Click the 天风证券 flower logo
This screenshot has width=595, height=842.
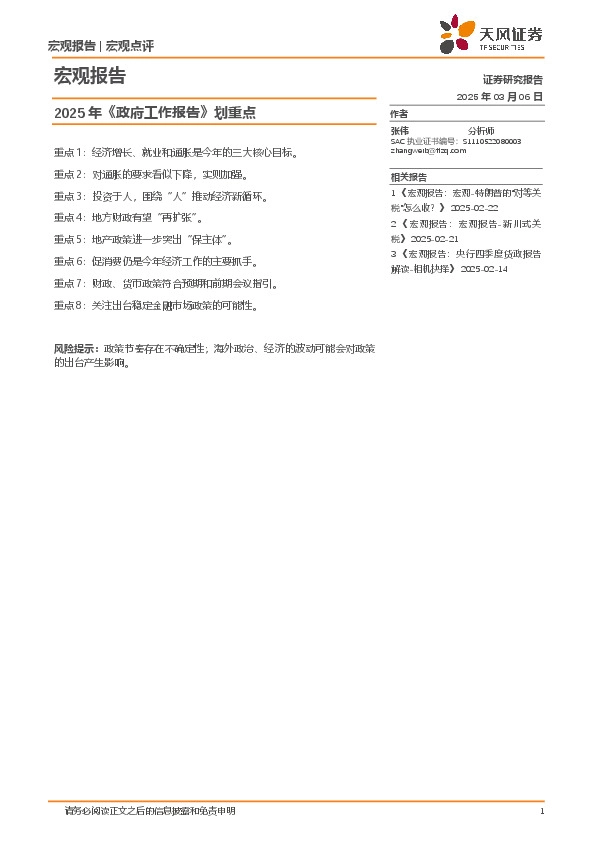tap(458, 34)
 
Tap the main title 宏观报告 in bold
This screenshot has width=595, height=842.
tap(89, 76)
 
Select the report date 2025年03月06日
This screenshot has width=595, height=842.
tap(499, 96)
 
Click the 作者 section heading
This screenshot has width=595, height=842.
tap(399, 114)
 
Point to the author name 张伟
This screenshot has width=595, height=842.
tap(399, 131)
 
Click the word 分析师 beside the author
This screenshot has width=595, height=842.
tap(481, 131)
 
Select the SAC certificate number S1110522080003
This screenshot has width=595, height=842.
tap(492, 142)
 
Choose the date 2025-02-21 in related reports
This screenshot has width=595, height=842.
tap(434, 240)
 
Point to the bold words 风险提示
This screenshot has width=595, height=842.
tap(75, 348)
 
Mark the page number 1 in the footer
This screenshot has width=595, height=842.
tap(541, 811)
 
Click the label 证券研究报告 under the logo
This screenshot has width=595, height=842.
tap(512, 79)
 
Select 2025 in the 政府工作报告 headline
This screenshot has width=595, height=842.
tap(69, 113)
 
